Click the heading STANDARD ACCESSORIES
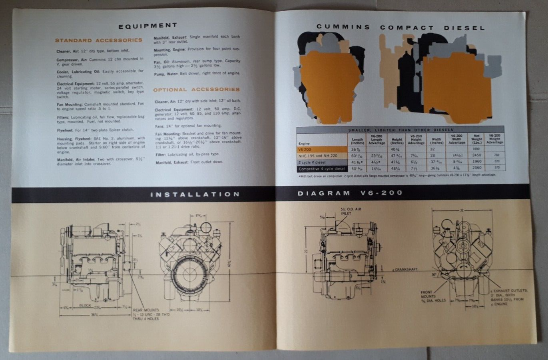[x=98, y=40]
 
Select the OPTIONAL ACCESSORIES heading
[x=196, y=90]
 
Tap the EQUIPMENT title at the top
[x=147, y=26]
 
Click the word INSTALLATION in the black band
[x=195, y=194]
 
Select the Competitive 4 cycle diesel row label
[x=321, y=169]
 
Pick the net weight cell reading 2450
[x=476, y=155]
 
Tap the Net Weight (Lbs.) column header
[x=476, y=139]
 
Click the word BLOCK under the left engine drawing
[x=85, y=305]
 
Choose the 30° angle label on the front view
[x=434, y=275]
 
